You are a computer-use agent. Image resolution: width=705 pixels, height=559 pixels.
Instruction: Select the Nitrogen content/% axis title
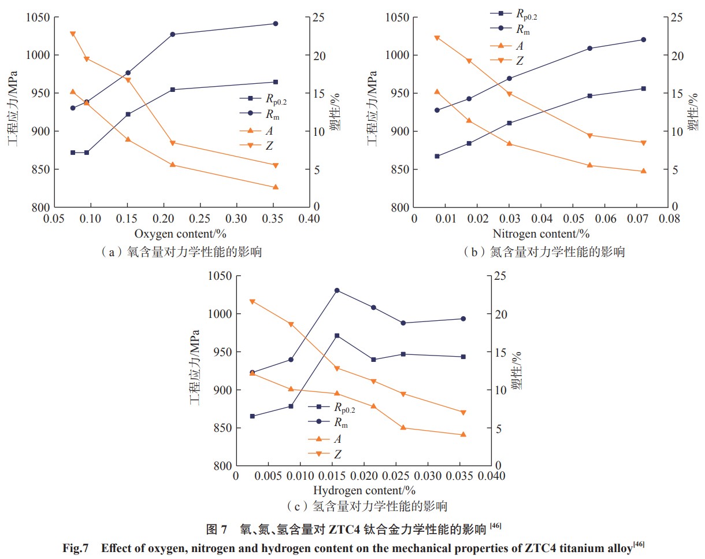click(x=541, y=234)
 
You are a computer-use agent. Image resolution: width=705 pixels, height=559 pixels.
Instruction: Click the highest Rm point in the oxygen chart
click(x=275, y=24)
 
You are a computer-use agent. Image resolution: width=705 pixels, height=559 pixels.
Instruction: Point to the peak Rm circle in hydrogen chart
click(x=337, y=290)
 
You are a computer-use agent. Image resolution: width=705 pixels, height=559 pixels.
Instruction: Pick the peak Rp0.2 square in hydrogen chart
click(x=337, y=336)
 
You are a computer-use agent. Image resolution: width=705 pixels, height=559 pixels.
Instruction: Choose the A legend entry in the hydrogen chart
click(x=335, y=439)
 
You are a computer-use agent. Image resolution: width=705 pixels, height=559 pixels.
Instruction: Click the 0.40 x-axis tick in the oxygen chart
click(x=309, y=220)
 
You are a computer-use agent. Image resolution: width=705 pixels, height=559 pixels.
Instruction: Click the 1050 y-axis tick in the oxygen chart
click(x=38, y=17)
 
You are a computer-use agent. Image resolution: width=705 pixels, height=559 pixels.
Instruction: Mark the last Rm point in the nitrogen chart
click(x=643, y=39)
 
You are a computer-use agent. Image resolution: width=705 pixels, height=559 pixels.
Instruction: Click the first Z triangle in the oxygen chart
click(x=73, y=34)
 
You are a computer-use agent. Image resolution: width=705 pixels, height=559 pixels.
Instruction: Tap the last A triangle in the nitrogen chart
click(x=643, y=171)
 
